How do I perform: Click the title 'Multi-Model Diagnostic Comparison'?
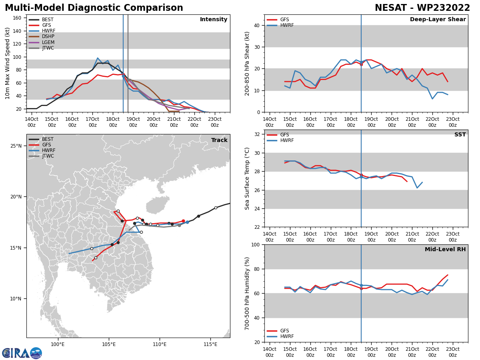[94, 8]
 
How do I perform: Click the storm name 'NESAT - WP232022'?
[422, 8]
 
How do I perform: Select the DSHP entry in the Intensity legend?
[48, 36]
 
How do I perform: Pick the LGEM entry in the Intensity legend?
[48, 42]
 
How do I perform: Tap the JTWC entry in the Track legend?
[48, 156]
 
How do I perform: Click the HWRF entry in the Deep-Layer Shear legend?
[286, 25]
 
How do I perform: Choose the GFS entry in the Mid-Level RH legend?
[284, 331]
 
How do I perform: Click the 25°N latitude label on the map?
[16, 146]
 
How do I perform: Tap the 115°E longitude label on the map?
[210, 344]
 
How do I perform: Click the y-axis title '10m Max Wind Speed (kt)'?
[8, 63]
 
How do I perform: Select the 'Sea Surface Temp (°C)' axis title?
[247, 178]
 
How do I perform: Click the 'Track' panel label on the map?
[219, 140]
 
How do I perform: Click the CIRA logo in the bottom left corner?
[22, 353]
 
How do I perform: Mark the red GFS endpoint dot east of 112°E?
[183, 221]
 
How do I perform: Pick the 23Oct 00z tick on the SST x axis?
[452, 237]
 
